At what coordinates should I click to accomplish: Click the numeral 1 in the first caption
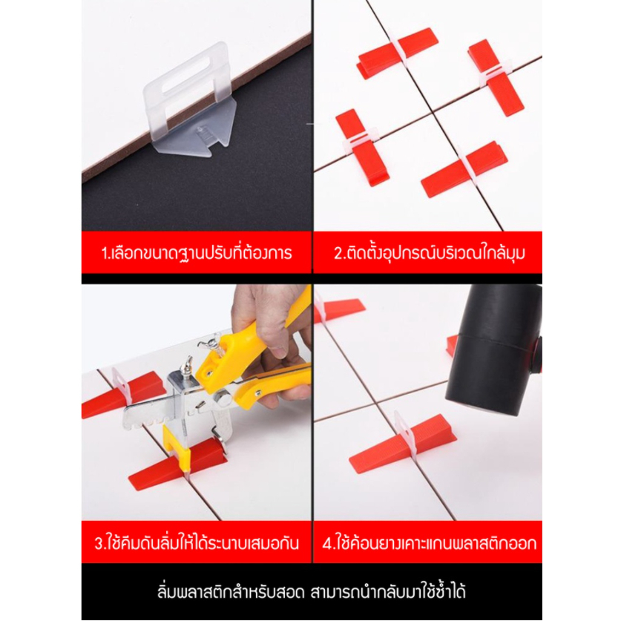[104, 254]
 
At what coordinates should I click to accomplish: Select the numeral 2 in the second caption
[338, 254]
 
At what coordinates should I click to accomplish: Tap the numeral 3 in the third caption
[99, 543]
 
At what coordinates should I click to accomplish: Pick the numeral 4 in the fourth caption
[327, 543]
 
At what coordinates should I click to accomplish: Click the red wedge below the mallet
[403, 443]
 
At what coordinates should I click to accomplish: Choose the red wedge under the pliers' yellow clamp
[178, 464]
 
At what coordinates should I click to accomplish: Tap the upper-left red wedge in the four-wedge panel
[397, 52]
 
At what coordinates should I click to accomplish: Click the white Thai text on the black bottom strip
[312, 591]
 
